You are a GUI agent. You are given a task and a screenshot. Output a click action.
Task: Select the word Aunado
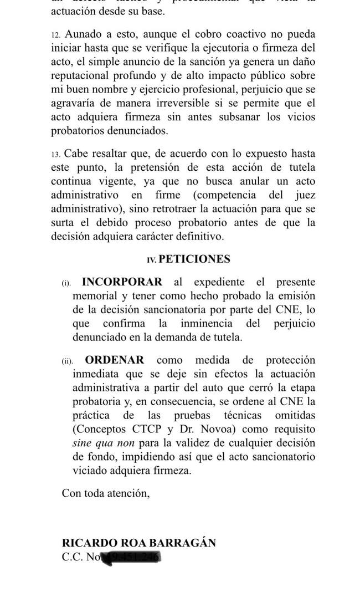coord(86,34)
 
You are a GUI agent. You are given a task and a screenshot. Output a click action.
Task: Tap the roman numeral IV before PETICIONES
coord(151,260)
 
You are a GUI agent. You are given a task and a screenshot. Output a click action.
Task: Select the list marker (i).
coord(66,283)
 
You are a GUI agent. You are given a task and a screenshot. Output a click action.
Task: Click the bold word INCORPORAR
coord(122,282)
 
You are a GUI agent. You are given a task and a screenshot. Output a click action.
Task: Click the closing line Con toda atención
coord(105,492)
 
